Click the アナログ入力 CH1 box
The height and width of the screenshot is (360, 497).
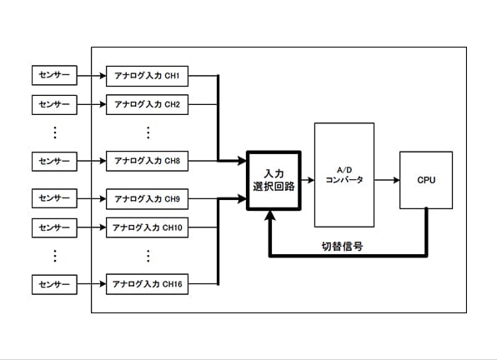[x=147, y=76]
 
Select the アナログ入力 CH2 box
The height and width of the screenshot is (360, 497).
[x=147, y=104]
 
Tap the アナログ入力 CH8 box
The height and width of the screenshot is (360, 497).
[x=147, y=161]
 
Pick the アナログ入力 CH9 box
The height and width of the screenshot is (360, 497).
[x=147, y=199]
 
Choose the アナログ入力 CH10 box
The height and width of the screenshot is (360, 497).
[x=147, y=227]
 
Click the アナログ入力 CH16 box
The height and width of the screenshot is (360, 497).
[x=147, y=284]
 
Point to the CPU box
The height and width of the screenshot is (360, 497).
[x=426, y=180]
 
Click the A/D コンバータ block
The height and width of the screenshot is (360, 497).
[x=344, y=175]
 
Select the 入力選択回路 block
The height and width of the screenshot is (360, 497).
[x=274, y=180]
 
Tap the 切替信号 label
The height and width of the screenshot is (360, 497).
[x=343, y=247]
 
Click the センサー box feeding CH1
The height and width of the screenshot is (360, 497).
[x=54, y=75]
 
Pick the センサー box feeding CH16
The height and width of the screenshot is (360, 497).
[x=54, y=284]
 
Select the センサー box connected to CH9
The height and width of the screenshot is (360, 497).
[x=54, y=198]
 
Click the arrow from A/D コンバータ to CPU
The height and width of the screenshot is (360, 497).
[x=387, y=180]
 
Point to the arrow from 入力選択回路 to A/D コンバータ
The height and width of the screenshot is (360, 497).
[x=308, y=180]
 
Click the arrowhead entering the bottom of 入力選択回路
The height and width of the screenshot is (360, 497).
[x=270, y=215]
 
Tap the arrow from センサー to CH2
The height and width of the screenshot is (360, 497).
[x=92, y=104]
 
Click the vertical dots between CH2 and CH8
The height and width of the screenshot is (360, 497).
[x=148, y=132]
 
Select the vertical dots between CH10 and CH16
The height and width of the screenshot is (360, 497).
[x=148, y=256]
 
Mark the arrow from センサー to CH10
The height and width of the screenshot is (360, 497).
[x=92, y=227]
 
